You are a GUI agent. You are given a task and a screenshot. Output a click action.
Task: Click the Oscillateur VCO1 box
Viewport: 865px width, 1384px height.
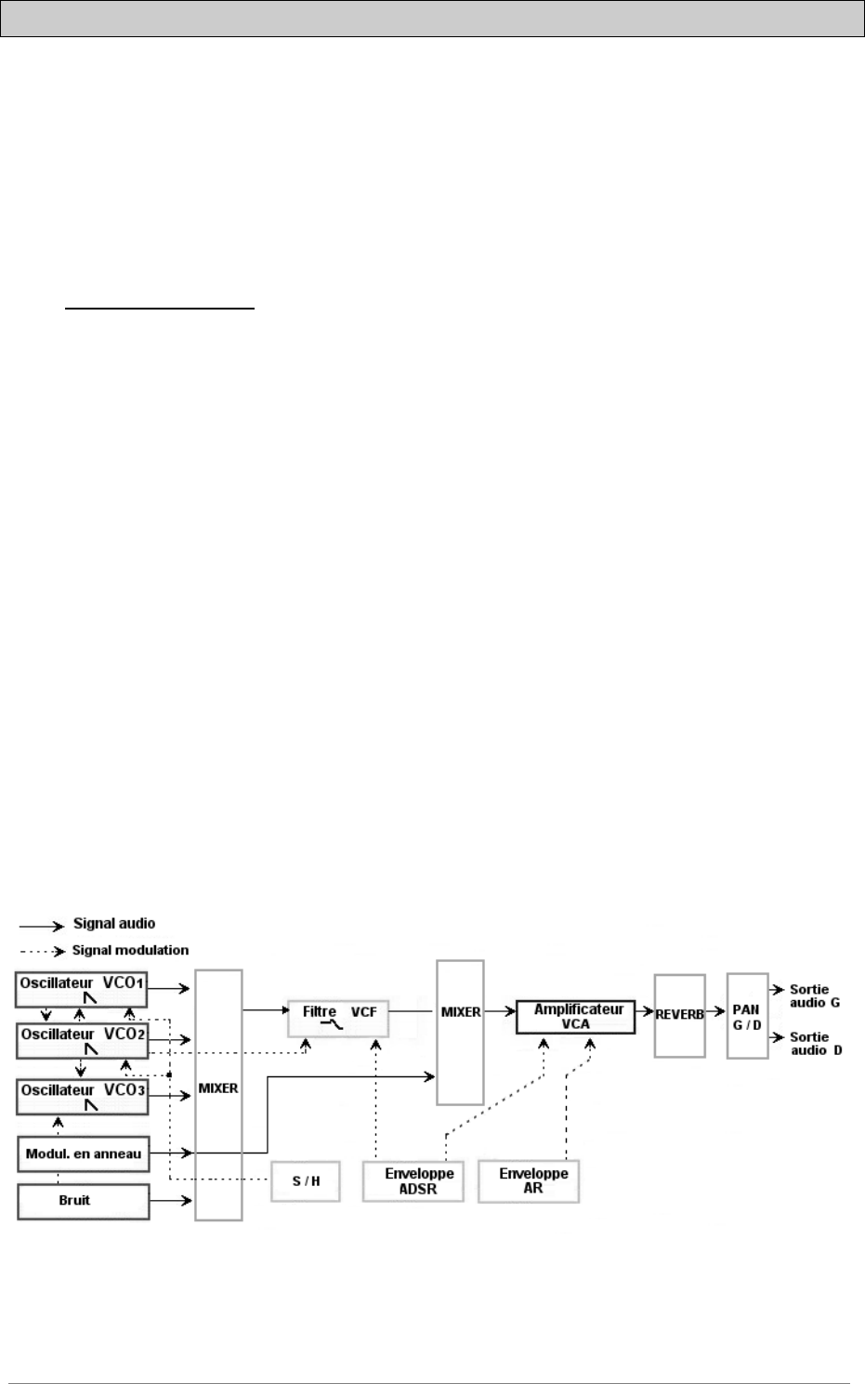point(82,989)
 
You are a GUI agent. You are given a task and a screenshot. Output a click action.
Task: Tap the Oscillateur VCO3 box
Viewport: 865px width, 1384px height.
point(82,1096)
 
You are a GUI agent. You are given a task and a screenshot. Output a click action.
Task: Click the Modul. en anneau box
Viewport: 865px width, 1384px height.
point(82,1153)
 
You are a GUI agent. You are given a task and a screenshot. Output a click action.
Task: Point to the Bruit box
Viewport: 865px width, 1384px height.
point(82,1200)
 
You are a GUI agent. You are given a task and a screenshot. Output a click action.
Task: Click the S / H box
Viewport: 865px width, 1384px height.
point(306,1180)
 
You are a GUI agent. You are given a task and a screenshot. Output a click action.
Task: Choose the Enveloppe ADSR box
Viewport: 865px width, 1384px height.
point(413,1180)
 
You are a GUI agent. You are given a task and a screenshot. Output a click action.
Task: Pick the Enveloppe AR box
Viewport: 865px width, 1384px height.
point(529,1180)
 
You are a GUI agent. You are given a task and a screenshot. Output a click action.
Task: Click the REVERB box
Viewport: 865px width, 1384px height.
point(679,1015)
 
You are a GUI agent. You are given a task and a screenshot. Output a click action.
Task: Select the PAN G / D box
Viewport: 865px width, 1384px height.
point(747,1015)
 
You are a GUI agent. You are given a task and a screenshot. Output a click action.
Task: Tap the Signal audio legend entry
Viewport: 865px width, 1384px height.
point(114,924)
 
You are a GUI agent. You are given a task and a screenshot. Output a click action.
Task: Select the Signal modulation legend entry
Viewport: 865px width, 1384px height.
point(131,950)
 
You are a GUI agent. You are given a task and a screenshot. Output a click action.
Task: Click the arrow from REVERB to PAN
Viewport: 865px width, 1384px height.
point(715,1010)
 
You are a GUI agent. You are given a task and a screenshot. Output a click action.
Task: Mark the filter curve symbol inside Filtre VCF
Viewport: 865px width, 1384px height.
point(328,1022)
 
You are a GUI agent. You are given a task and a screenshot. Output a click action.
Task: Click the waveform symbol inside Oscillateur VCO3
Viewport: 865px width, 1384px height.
point(91,1106)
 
